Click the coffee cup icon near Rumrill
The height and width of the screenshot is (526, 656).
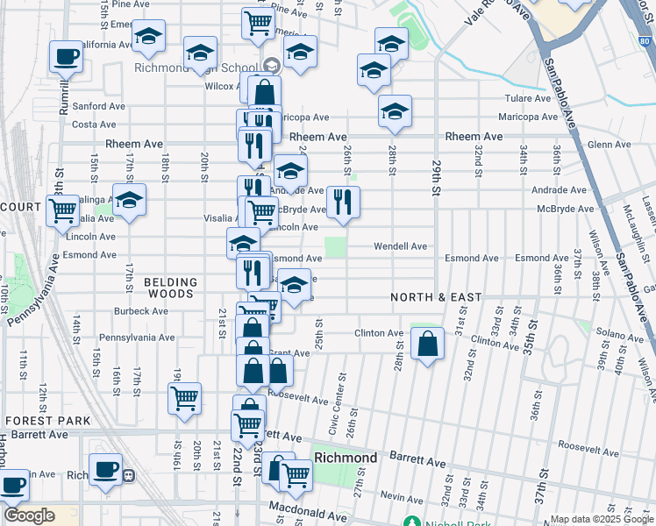point(66,58)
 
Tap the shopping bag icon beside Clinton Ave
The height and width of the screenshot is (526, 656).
point(427,345)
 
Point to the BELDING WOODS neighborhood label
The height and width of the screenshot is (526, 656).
point(170,288)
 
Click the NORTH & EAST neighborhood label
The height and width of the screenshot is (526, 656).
point(437,297)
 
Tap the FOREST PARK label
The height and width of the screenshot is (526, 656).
point(46,421)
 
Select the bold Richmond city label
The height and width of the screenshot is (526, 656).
point(346,458)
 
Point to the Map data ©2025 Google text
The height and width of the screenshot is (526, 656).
point(602,519)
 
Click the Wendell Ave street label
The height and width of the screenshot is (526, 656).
point(400,246)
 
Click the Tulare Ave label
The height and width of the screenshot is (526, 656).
point(526,99)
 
